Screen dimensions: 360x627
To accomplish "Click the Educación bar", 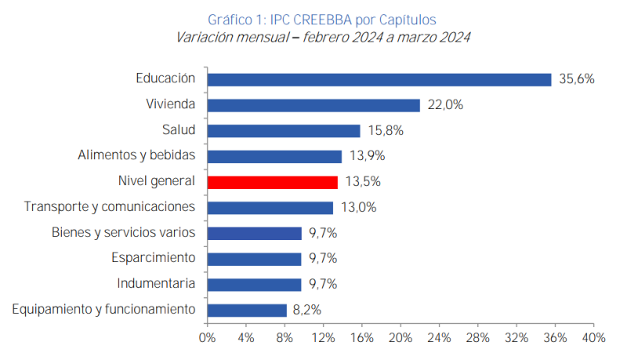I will pyautogui.click(x=379, y=79).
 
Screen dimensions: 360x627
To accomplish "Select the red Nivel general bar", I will pyautogui.click(x=273, y=182).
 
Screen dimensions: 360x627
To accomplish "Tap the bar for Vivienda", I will pyautogui.click(x=313, y=105).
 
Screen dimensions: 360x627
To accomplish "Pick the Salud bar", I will pyautogui.click(x=284, y=131).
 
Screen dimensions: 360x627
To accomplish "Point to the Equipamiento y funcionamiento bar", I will pyautogui.click(x=247, y=310).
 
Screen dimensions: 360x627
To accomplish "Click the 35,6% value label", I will pyautogui.click(x=576, y=79).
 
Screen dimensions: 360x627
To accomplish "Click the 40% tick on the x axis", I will pyautogui.click(x=593, y=337).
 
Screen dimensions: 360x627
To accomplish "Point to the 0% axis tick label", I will pyautogui.click(x=207, y=337).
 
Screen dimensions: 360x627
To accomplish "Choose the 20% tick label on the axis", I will pyautogui.click(x=400, y=337).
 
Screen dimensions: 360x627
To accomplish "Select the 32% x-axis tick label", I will pyautogui.click(x=516, y=337).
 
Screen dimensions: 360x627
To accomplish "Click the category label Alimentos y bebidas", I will pyautogui.click(x=136, y=156).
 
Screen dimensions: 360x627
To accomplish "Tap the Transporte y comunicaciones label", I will pyautogui.click(x=110, y=207).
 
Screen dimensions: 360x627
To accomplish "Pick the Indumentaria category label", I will pyautogui.click(x=156, y=284).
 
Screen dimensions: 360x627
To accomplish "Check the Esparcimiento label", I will pyautogui.click(x=152, y=258).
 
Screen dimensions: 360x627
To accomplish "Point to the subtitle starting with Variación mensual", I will pyautogui.click(x=323, y=37).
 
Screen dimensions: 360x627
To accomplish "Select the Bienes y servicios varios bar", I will pyautogui.click(x=254, y=233).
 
